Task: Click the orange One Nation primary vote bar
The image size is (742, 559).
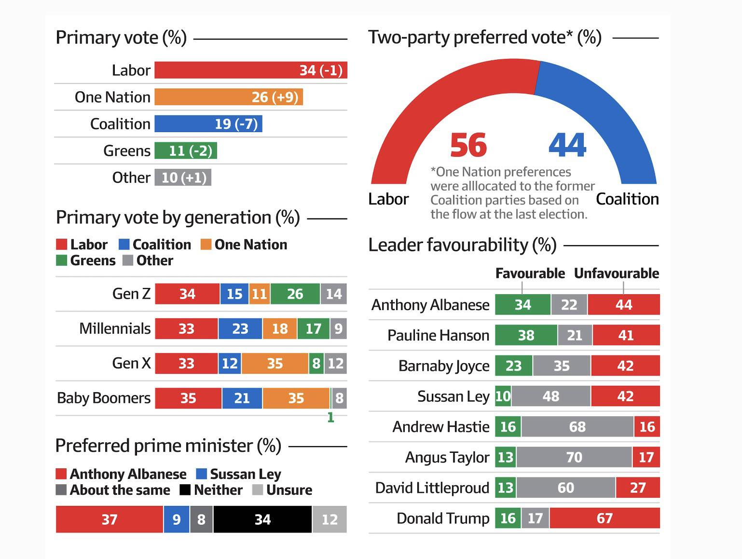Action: point(228,97)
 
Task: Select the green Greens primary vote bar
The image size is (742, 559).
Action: point(186,150)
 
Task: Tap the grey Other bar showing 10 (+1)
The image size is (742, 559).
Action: point(183,177)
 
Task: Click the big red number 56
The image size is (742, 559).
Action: point(468,145)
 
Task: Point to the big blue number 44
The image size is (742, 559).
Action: point(567,145)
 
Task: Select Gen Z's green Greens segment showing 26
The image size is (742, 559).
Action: point(295,294)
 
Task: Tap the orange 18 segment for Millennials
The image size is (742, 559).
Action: point(279,329)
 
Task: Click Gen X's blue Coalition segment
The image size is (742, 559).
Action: point(230,363)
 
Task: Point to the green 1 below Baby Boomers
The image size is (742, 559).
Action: point(330,418)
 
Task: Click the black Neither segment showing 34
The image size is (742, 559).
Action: point(262,519)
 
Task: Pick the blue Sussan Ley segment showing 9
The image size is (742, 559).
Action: point(177,519)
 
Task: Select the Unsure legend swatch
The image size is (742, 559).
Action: point(258,490)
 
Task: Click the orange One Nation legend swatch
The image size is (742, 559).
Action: point(206,245)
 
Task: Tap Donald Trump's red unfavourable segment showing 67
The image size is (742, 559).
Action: point(605,518)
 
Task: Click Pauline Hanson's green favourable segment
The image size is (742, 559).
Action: point(526,335)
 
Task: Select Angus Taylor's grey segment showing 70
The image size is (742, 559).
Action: point(574,457)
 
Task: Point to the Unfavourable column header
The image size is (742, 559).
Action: point(616,273)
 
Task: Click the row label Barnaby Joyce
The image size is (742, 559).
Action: point(444,366)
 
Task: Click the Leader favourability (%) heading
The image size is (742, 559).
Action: point(462,245)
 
